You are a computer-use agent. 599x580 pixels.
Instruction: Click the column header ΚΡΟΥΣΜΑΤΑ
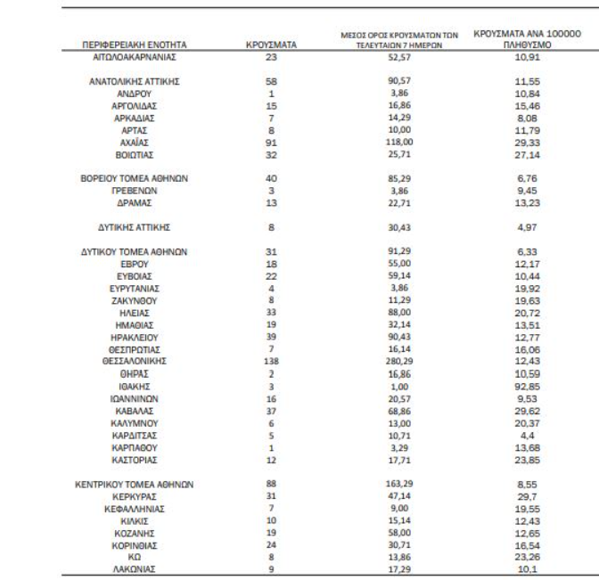click(x=270, y=44)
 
